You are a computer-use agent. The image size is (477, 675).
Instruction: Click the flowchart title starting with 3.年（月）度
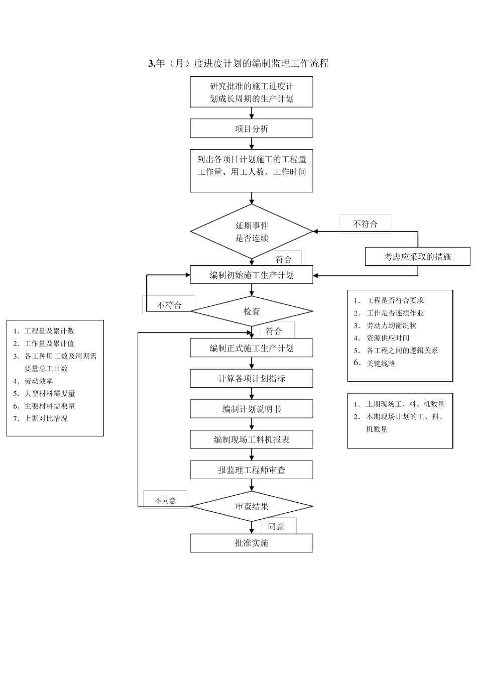tap(238, 63)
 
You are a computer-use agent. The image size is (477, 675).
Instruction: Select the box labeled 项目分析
tap(251, 129)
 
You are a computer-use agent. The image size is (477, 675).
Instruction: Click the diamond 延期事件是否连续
tap(252, 232)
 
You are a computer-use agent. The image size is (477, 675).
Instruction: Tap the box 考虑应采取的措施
tap(417, 257)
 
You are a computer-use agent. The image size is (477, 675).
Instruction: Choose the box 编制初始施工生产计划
tap(251, 275)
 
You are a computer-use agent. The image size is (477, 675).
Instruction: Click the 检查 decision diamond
tap(252, 311)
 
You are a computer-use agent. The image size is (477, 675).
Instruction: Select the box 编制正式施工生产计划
tap(251, 348)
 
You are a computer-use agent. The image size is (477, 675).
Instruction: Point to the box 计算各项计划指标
tap(251, 379)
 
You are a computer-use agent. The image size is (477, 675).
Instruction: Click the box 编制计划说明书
tap(251, 409)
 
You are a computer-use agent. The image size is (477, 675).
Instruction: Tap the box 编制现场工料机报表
tap(251, 439)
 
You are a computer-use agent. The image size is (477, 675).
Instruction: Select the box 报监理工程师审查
tap(251, 470)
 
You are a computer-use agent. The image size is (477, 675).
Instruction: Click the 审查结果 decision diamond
tap(252, 506)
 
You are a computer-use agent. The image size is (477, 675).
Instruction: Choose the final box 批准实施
tap(251, 543)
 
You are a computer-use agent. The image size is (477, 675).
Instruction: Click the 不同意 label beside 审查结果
tap(165, 500)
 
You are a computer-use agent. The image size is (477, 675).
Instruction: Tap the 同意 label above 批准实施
tap(276, 526)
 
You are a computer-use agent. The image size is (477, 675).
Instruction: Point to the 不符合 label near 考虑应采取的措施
tap(365, 224)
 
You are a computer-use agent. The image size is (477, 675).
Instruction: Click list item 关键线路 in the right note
tap(381, 363)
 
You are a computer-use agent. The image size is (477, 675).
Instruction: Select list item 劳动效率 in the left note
tap(39, 381)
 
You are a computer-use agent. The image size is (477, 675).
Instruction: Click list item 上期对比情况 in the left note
tap(46, 418)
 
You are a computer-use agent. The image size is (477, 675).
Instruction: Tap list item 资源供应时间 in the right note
tap(388, 338)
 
